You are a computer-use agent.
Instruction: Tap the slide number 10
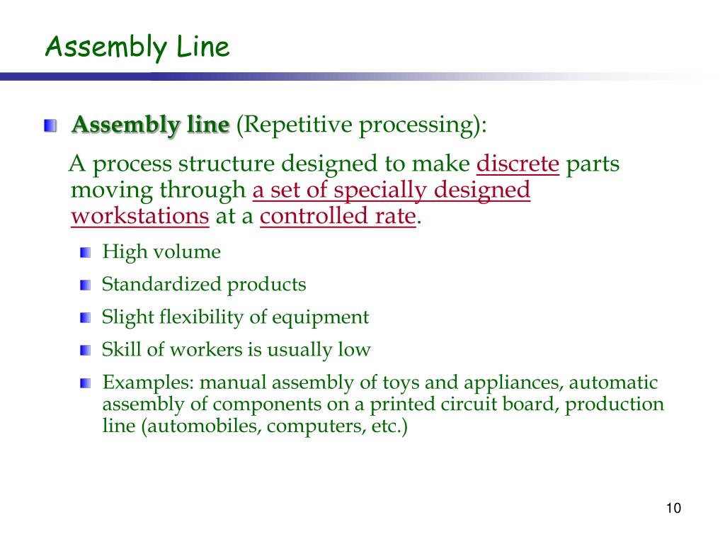pos(673,508)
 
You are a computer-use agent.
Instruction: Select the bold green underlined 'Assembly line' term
pos(152,125)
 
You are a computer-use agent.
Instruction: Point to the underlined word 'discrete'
pos(518,164)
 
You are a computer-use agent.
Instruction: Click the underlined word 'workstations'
pos(140,216)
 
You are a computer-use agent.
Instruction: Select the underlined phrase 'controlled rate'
pos(337,216)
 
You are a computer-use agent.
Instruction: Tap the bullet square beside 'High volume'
pos(86,252)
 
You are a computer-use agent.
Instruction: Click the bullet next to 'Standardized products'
pos(86,285)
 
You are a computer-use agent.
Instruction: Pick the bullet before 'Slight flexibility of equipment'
pos(86,317)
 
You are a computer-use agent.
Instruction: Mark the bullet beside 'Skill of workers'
pos(86,350)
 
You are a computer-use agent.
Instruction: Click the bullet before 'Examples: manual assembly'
pos(86,383)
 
